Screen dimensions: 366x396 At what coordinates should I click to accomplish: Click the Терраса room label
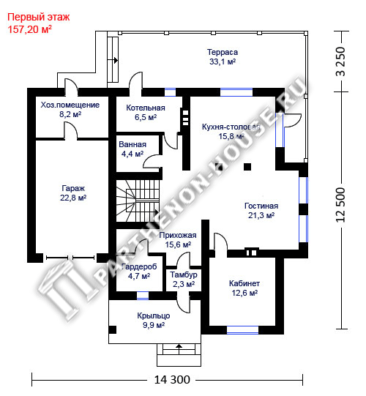point(223,52)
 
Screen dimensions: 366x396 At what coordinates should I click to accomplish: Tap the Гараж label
point(73,188)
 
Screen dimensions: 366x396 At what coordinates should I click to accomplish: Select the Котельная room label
point(146,108)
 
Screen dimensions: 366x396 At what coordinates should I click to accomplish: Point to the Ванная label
point(132,144)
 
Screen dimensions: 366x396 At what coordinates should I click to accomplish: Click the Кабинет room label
point(244,283)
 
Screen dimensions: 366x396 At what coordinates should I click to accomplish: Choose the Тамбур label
point(184,274)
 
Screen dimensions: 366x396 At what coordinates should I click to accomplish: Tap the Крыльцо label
point(154,315)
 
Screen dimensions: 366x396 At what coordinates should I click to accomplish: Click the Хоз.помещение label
point(70,105)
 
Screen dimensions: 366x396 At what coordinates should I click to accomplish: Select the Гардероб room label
point(139,266)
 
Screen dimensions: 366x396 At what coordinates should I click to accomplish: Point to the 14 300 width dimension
point(172,380)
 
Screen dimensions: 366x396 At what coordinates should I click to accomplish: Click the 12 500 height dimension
point(340,205)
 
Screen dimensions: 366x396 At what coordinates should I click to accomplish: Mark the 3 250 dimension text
point(340,61)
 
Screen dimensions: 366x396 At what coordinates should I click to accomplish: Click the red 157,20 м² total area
point(30,29)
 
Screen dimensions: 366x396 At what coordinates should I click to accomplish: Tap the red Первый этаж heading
point(38,17)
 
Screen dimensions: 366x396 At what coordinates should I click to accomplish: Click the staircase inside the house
point(138,201)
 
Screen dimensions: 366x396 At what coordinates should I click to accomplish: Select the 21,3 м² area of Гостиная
point(261,215)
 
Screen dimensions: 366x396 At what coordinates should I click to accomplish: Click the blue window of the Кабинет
point(242,330)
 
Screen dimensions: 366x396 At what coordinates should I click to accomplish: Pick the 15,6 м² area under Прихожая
point(178,244)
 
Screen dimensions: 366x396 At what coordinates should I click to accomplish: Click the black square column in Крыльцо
point(113,330)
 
